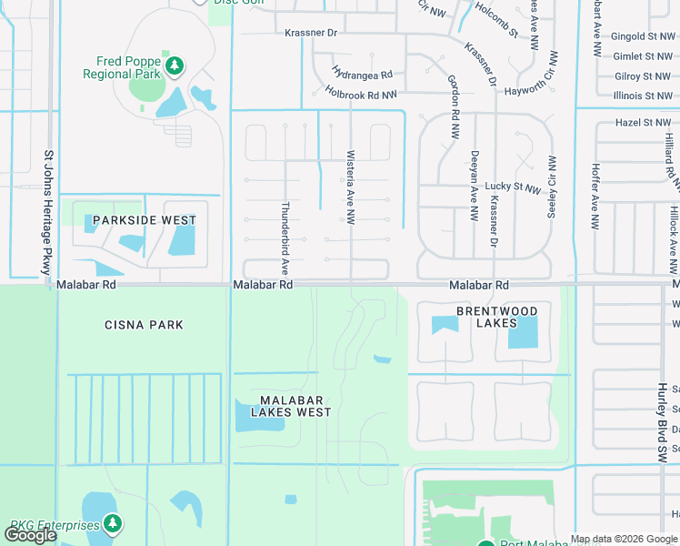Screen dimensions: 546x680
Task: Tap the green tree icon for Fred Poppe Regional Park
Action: coord(175,66)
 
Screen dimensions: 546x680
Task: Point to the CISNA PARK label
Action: coord(144,325)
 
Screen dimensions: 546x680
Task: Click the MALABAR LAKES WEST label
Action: coord(282,406)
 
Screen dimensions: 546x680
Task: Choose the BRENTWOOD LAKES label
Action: coord(496,317)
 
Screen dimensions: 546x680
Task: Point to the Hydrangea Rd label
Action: coord(362,74)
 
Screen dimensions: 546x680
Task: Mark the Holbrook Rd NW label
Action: coord(361,94)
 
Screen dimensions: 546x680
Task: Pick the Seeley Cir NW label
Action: coord(551,187)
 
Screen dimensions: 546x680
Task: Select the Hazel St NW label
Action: coord(643,122)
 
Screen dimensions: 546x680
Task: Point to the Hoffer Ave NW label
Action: coord(595,196)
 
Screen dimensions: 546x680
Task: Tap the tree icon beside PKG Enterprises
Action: coord(112,523)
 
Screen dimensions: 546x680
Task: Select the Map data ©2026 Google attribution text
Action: coord(624,539)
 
